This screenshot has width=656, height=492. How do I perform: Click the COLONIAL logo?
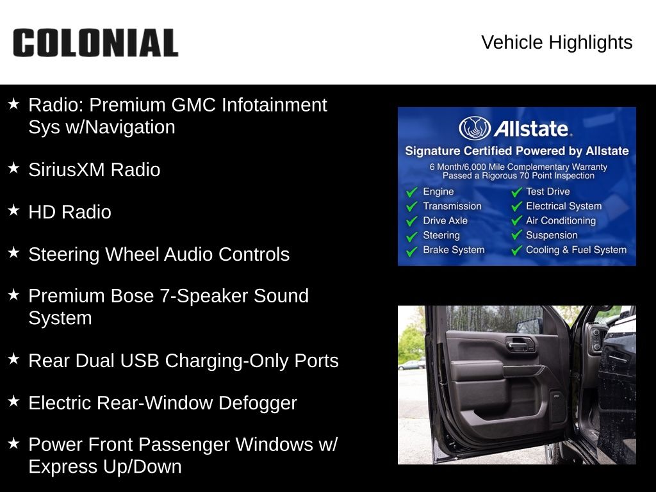(95, 43)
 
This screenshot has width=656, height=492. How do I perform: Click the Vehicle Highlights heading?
(557, 42)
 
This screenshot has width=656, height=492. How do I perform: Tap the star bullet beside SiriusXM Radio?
(14, 168)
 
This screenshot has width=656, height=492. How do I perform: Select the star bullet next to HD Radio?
(14, 210)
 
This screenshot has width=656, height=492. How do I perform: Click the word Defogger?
(258, 403)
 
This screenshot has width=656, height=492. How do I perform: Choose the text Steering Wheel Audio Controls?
(159, 254)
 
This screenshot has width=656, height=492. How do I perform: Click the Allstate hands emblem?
(475, 128)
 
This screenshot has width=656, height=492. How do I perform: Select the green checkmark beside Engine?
(412, 192)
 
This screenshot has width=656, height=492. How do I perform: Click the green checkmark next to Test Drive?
(517, 192)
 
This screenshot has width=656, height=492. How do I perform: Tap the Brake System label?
(454, 250)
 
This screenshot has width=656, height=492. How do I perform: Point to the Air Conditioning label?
(561, 220)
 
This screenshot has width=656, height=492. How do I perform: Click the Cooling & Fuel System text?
(576, 250)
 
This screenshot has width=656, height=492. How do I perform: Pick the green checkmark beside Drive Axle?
(412, 221)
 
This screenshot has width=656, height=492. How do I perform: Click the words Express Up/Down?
(105, 467)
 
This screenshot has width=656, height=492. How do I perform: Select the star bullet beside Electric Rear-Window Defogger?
(14, 401)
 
